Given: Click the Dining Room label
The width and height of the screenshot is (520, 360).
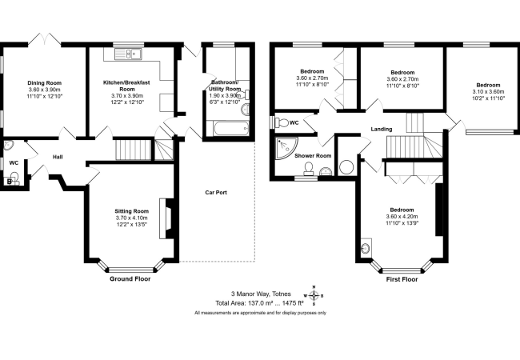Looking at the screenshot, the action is tap(45, 83).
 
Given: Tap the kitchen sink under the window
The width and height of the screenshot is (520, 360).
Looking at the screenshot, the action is tap(128, 54).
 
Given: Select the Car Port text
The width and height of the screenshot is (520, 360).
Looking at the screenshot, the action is tap(216, 192).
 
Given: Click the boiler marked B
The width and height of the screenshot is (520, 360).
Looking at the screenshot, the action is tap(10, 182).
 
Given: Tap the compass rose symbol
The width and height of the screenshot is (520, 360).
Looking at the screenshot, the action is tap(314, 295).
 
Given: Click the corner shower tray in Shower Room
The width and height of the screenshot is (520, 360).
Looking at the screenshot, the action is tap(286, 148).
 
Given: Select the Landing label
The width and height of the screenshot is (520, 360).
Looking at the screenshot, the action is tap(382, 129).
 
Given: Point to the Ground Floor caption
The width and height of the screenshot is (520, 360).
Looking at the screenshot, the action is tap(130, 278).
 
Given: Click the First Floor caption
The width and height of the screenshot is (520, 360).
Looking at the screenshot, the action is tap(402, 279).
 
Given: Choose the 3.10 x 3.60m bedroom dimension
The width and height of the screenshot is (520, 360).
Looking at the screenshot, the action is tap(488, 91).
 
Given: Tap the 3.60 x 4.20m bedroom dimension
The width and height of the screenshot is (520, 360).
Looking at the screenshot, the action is tap(402, 217).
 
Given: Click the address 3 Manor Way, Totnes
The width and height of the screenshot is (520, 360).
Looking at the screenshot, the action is tap(261, 294).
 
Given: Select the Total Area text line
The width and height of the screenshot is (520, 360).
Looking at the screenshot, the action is tap(260, 303).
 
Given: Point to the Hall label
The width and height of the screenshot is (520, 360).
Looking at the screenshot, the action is tap(58, 157).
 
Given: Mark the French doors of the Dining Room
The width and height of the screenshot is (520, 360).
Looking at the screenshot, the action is tap(45, 39).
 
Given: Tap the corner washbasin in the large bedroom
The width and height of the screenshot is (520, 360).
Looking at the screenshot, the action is tap(366, 248).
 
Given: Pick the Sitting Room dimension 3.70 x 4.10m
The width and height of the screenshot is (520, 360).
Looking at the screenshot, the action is tap(132, 218).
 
